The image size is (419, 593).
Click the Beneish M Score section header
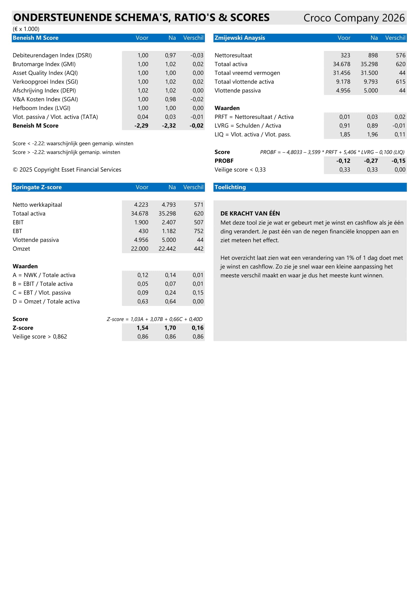[36, 38]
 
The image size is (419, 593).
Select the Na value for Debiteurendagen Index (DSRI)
[170, 55]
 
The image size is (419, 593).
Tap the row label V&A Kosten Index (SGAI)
[45, 99]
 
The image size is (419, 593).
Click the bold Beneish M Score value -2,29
[141, 126]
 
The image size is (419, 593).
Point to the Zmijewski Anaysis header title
[240, 38]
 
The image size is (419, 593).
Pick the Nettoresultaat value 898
[373, 55]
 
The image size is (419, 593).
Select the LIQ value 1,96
[372, 135]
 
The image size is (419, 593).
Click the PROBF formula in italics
[332, 152]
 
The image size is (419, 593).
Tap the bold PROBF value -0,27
[371, 161]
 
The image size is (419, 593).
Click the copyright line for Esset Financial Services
[67, 170]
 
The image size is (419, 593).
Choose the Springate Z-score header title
[37, 187]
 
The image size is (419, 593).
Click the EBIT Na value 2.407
[169, 222]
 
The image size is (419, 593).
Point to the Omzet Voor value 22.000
[139, 249]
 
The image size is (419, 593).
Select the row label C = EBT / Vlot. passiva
[42, 293]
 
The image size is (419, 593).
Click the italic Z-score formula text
[155, 319]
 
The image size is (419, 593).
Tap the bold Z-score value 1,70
[170, 328]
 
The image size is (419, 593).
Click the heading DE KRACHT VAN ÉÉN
[250, 213]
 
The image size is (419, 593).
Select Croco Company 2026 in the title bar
[354, 18]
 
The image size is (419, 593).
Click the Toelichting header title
[230, 187]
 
